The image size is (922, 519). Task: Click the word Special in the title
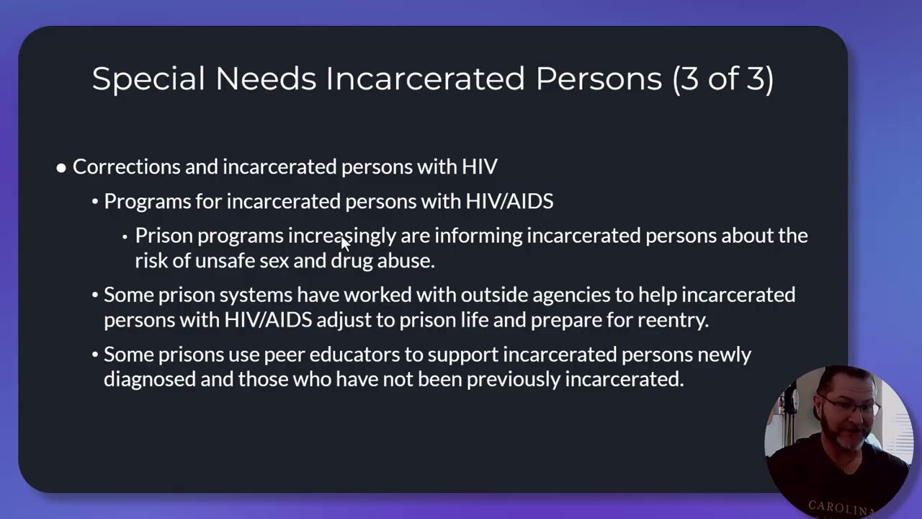point(148,79)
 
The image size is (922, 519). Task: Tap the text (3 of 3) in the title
point(722,79)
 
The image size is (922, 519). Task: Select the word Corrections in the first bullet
point(127,167)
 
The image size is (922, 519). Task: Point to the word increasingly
point(341,236)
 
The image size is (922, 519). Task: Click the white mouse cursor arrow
point(345,243)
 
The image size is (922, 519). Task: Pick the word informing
point(478,236)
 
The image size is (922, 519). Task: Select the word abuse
point(406,260)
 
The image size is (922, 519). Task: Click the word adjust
point(344,320)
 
